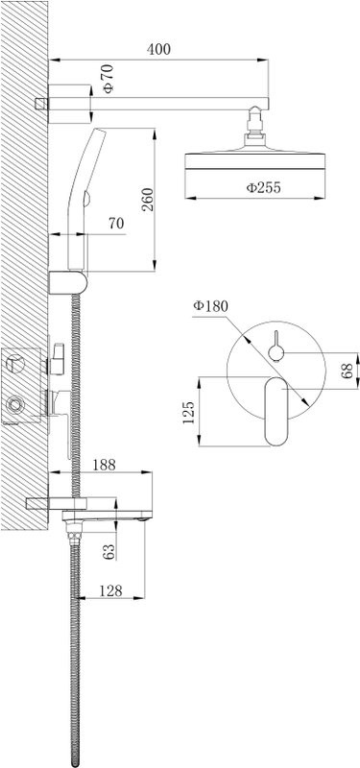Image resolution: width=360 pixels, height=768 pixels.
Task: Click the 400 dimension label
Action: click(x=158, y=50)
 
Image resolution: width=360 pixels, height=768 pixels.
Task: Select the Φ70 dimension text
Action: click(x=108, y=79)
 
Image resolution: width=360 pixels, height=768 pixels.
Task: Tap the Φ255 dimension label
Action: click(x=263, y=187)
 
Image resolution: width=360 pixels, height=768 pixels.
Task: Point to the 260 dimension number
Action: click(x=147, y=200)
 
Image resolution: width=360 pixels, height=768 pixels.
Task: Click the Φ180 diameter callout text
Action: click(x=210, y=306)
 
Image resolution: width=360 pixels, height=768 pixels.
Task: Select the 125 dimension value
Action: click(x=188, y=413)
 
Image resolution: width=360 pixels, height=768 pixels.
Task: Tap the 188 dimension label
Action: click(x=104, y=465)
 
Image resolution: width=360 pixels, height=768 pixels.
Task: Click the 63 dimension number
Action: click(x=109, y=551)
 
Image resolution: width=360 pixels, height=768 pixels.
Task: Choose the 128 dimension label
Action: click(x=110, y=590)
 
